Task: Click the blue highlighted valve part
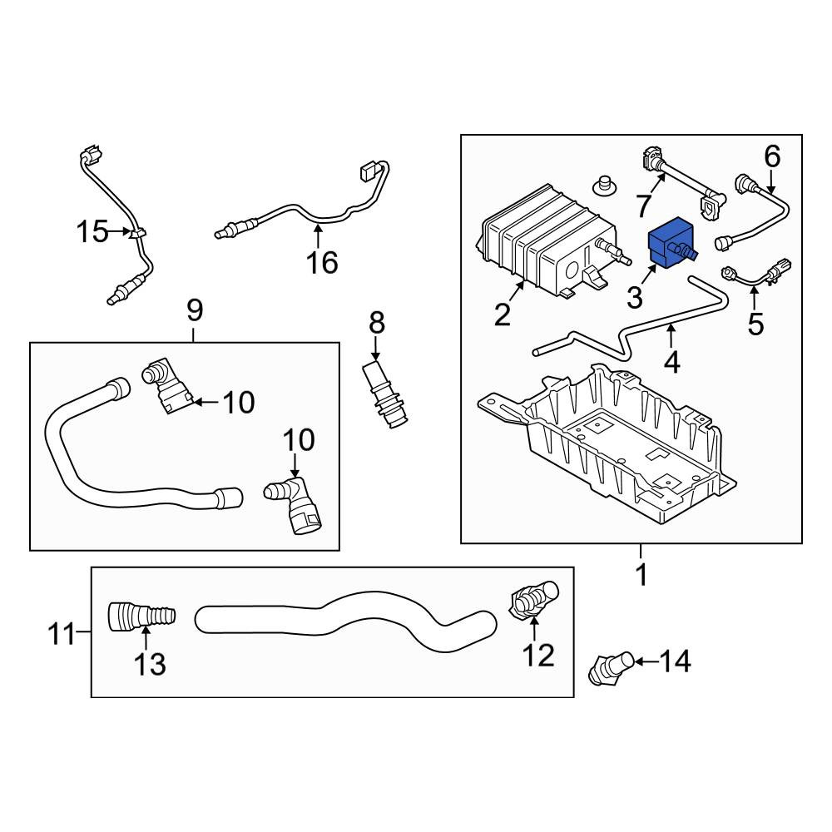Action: click(x=670, y=240)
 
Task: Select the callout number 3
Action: click(x=635, y=297)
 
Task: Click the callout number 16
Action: click(x=322, y=263)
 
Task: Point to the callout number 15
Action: click(x=94, y=231)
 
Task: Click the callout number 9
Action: click(x=193, y=311)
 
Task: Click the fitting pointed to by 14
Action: click(x=609, y=668)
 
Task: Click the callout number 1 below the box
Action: click(x=641, y=574)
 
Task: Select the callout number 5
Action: click(x=755, y=323)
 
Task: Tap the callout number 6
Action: click(x=772, y=156)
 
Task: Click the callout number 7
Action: click(x=642, y=204)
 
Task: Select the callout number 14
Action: click(x=676, y=661)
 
